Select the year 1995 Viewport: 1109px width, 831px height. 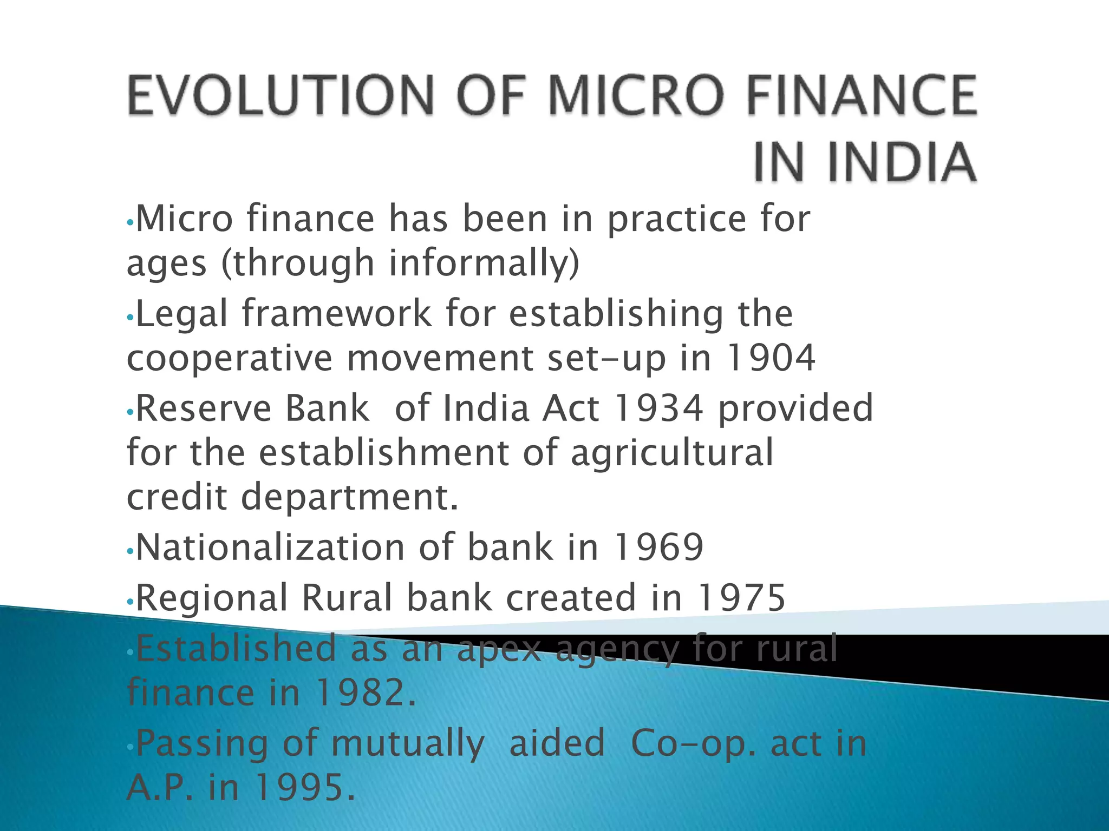[305, 788]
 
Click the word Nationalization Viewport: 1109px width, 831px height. [270, 548]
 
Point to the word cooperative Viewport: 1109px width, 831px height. [229, 359]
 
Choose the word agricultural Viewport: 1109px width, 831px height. [672, 453]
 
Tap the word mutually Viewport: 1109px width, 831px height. [407, 744]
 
